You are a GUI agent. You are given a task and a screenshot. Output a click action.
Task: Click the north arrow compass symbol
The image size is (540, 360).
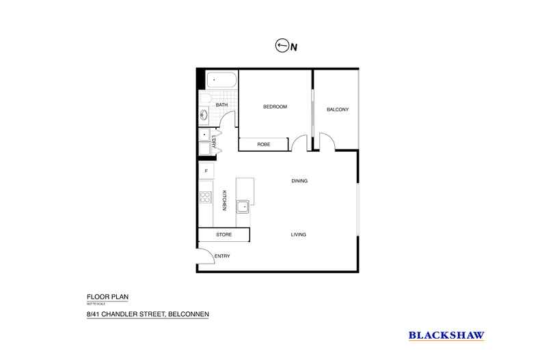(282, 46)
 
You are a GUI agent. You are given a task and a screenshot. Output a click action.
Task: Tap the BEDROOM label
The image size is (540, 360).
(275, 107)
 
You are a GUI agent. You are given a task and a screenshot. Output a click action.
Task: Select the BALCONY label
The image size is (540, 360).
(338, 109)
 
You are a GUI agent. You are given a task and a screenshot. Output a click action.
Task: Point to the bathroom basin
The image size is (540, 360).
(204, 115)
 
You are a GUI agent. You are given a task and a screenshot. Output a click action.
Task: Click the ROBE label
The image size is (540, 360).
(263, 144)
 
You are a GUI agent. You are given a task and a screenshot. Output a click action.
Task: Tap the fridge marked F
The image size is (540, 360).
(206, 170)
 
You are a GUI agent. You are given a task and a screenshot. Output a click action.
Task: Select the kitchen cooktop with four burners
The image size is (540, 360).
(206, 197)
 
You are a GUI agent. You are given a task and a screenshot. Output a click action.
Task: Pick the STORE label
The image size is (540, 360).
(224, 234)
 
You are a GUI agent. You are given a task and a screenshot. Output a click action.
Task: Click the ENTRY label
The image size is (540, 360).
(222, 256)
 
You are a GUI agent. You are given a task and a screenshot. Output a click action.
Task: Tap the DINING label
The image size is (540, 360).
(299, 181)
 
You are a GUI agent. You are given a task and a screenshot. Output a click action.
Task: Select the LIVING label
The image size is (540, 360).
(298, 234)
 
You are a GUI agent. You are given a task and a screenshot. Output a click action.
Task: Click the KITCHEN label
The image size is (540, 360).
(224, 199)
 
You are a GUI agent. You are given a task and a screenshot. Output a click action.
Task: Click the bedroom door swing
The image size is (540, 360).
(299, 143)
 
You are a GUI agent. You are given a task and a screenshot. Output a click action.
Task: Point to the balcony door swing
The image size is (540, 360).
(325, 142)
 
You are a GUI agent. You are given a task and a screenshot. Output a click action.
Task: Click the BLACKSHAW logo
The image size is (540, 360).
(446, 335)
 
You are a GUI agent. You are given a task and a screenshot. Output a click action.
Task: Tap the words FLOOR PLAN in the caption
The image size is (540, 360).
(107, 296)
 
